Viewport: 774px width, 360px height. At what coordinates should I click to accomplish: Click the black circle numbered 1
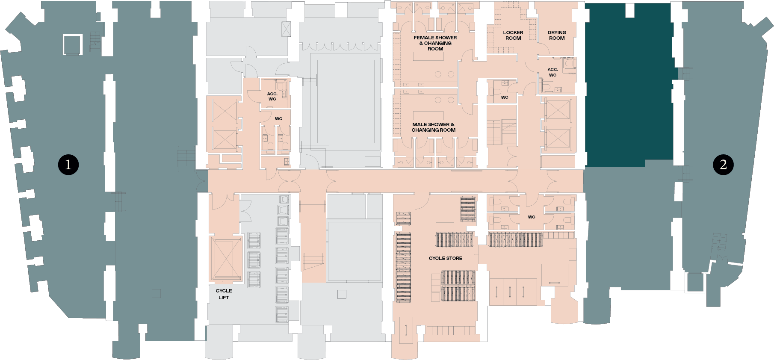tap(68, 165)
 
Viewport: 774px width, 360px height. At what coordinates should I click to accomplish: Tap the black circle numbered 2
tap(723, 165)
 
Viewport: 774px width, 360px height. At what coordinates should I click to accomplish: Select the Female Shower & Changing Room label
tap(435, 43)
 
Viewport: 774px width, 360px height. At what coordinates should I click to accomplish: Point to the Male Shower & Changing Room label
tap(434, 127)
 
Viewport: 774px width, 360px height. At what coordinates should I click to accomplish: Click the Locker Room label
tap(513, 35)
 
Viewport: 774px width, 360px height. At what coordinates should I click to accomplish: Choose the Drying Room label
tap(557, 35)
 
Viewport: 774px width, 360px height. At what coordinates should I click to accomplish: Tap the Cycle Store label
tap(446, 258)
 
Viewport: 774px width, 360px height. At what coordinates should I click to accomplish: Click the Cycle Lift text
tap(224, 294)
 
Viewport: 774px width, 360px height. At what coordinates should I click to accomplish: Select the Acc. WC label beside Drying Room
tap(553, 72)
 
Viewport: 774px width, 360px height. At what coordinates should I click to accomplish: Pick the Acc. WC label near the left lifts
tap(272, 96)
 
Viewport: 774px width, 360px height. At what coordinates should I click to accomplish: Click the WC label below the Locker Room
tap(505, 97)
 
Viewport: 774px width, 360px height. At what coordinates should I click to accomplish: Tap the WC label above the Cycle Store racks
tap(532, 217)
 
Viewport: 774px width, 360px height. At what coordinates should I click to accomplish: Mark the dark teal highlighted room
tap(629, 86)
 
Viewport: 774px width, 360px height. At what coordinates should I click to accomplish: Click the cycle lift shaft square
tap(225, 259)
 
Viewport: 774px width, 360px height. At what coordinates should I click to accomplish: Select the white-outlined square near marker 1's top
tap(73, 44)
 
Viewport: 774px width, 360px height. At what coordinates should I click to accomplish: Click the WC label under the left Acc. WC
tap(279, 119)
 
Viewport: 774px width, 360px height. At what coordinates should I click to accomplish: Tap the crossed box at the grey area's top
tap(286, 29)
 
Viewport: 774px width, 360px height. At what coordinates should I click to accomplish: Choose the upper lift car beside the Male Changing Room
tap(558, 110)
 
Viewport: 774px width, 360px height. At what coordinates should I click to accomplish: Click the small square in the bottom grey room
tap(342, 294)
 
